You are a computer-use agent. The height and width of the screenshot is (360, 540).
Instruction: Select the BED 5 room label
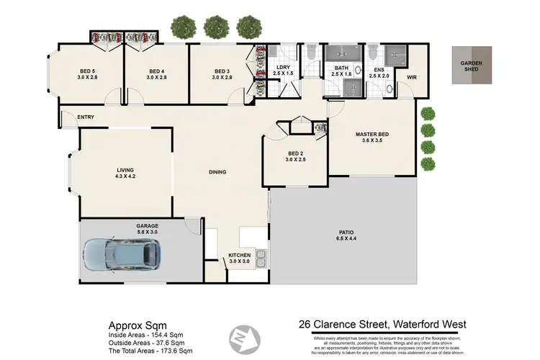pyautogui.click(x=87, y=74)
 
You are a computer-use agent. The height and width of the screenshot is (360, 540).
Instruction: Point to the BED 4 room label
pyautogui.click(x=156, y=74)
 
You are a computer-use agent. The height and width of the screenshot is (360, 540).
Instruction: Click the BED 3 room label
pyautogui.click(x=222, y=74)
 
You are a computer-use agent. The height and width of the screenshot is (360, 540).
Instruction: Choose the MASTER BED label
pyautogui.click(x=372, y=137)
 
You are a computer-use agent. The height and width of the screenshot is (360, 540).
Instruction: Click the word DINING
pyautogui.click(x=217, y=172)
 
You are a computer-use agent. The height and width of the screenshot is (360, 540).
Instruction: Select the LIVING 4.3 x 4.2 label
pyautogui.click(x=126, y=174)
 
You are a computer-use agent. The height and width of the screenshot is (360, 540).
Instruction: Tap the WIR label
pyautogui.click(x=412, y=76)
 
